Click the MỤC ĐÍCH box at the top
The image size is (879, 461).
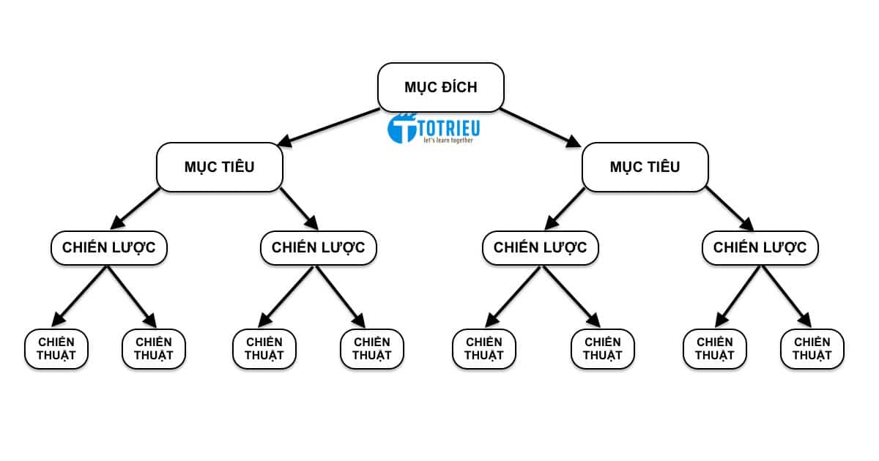pos(440,87)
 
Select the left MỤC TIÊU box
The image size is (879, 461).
pos(219,167)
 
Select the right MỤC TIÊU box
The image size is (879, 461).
pos(645,167)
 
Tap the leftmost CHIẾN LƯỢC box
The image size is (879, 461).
pos(108,247)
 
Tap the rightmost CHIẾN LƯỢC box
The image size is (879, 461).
pos(760,247)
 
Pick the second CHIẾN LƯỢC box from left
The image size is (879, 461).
pos(318,247)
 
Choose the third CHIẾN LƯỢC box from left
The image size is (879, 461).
pos(540,247)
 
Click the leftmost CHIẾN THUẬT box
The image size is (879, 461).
pos(56,348)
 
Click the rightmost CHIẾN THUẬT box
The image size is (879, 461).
pos(812,348)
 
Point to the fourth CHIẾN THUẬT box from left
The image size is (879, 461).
pos(371,348)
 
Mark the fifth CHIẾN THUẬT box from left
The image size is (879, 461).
pos(483,348)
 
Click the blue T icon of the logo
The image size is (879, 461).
pos(401,128)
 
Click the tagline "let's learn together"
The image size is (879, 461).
pos(448,140)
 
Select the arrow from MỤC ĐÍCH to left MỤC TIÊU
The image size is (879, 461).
pos(330,127)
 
